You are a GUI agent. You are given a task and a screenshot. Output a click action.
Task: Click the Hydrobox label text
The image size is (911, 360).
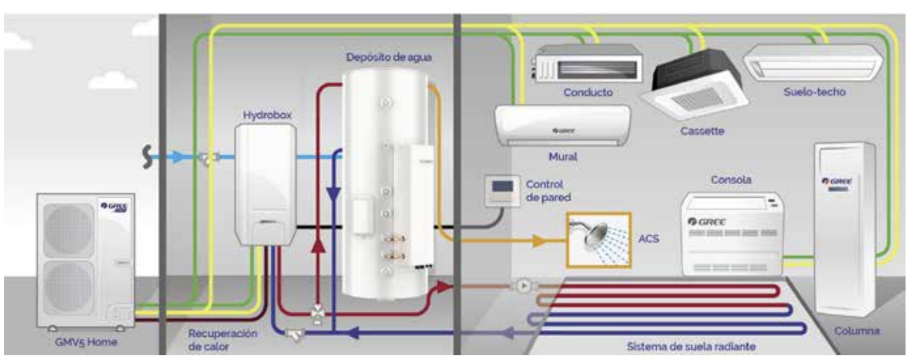coord(267,116)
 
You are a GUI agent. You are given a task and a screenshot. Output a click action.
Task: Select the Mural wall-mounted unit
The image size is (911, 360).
coord(562,126)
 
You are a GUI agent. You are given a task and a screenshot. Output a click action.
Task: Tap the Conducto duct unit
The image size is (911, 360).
coord(587,65)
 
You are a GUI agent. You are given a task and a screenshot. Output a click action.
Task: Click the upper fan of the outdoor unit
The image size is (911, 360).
coord(68,230)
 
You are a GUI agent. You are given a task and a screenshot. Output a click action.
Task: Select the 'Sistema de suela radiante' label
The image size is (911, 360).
coord(691,346)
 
